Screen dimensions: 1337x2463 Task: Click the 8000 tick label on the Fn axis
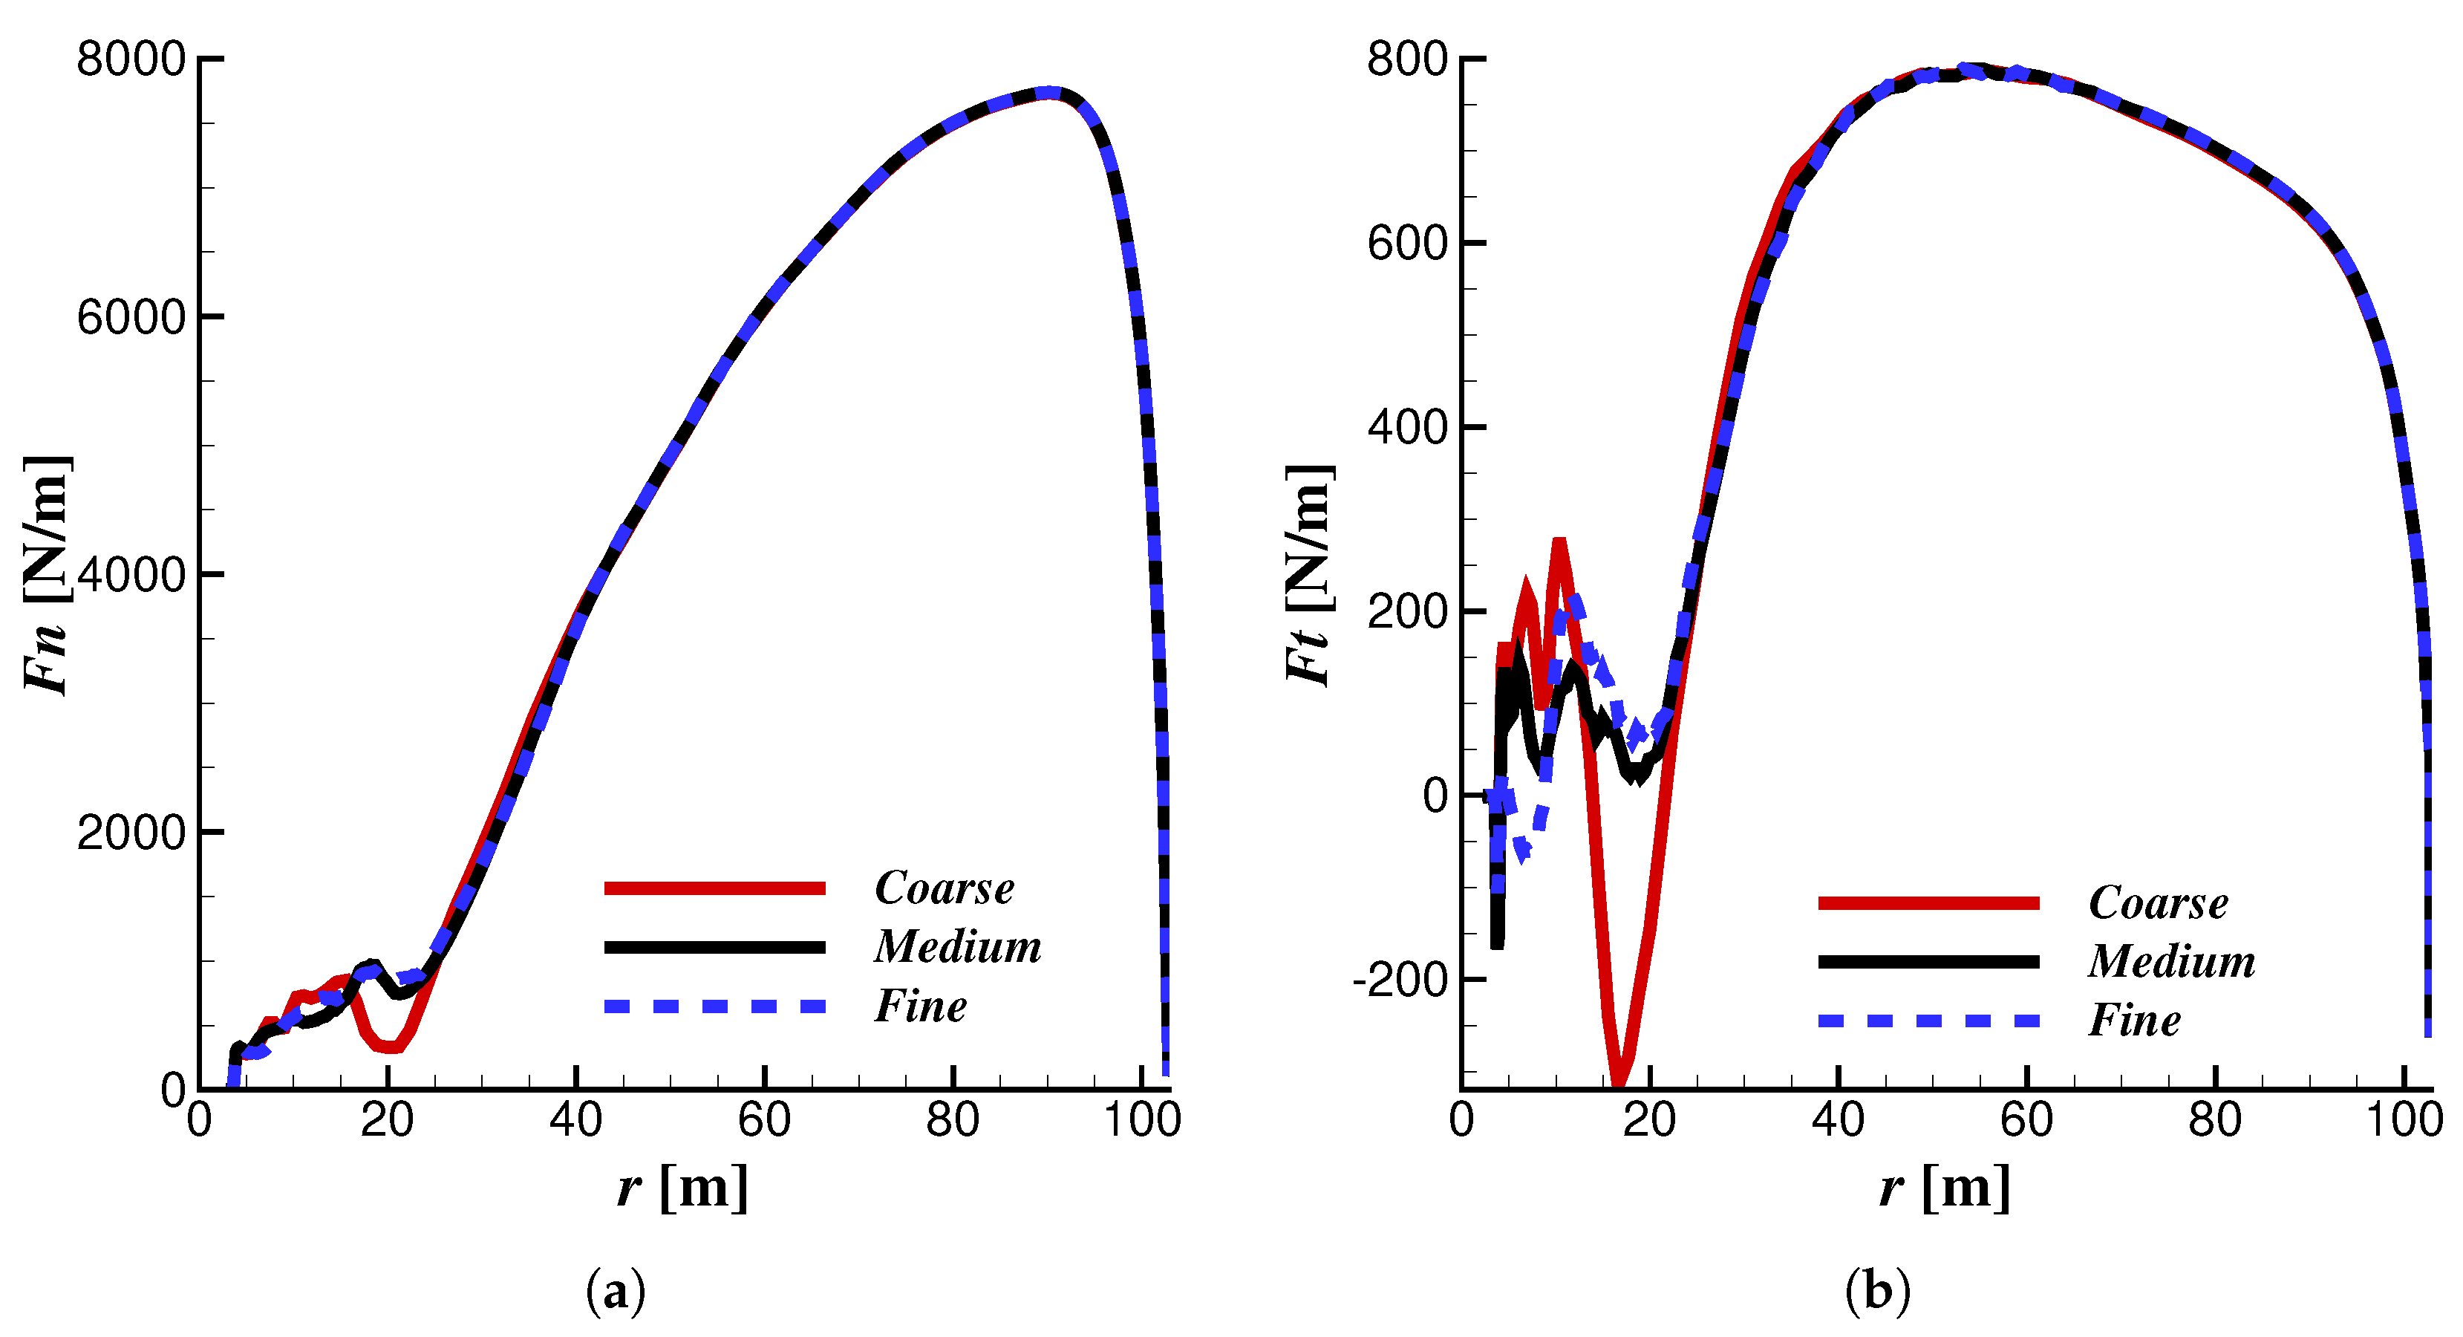coord(130,59)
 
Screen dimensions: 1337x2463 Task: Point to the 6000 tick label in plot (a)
coord(130,317)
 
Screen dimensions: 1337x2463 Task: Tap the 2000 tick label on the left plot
coord(130,833)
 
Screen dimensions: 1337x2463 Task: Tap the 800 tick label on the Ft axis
coord(1407,59)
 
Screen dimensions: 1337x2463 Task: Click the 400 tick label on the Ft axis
coord(1407,428)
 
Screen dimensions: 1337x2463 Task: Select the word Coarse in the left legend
coord(944,888)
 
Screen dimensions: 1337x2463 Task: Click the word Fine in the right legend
coord(2134,1021)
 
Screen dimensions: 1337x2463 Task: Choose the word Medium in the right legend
coord(2170,961)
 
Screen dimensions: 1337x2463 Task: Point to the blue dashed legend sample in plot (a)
coord(714,1006)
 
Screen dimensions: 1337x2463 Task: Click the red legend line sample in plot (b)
coord(1928,902)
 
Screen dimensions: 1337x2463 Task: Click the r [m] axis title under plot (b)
coord(1945,1188)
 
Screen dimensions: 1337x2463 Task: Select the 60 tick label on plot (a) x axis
coord(764,1121)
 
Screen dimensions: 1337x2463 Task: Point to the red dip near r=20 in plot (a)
coord(389,1047)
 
